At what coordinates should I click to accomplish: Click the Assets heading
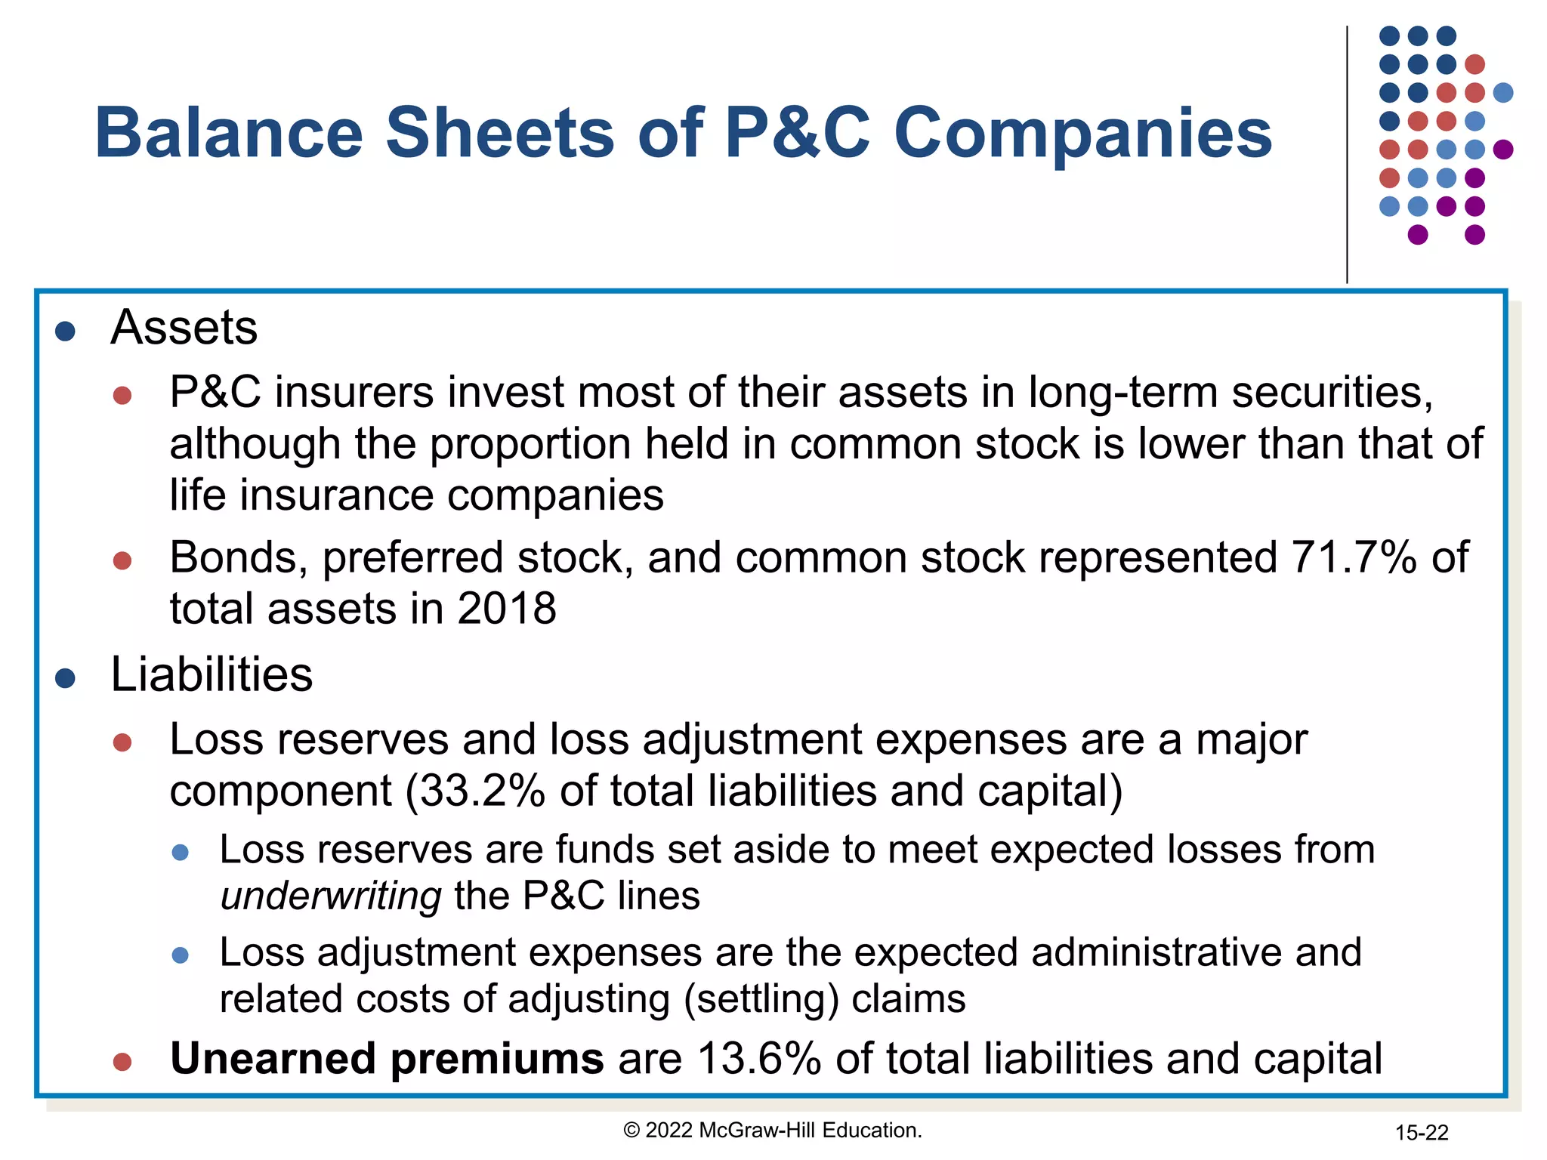[x=184, y=328]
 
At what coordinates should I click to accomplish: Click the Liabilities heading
[x=212, y=674]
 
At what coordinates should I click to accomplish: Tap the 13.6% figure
[x=758, y=1059]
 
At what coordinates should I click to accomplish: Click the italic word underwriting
[x=331, y=896]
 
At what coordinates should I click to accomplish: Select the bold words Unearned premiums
[x=387, y=1059]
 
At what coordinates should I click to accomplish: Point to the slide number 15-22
[x=1421, y=1133]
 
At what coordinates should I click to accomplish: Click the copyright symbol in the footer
[x=631, y=1131]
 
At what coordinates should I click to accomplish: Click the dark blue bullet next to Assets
[x=66, y=331]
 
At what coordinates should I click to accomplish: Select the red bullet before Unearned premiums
[x=122, y=1063]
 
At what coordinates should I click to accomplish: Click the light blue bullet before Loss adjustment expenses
[x=180, y=956]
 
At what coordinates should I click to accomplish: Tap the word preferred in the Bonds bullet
[x=412, y=559]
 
